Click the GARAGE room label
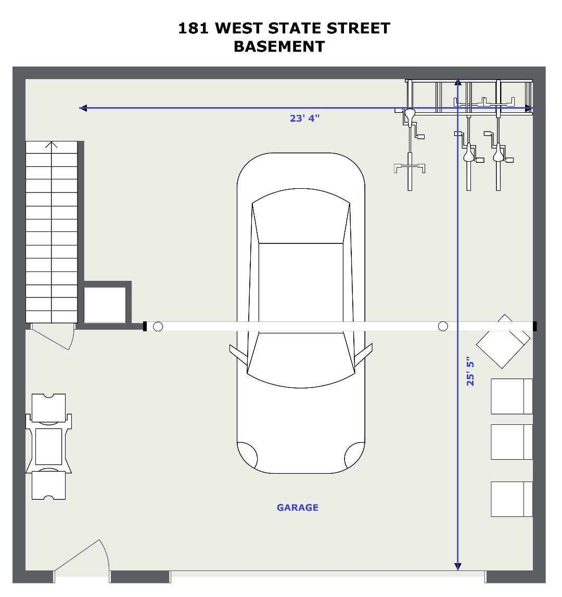click(297, 507)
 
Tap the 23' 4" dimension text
click(304, 118)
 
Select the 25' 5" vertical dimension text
click(470, 371)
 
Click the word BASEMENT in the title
click(279, 46)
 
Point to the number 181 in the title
click(193, 28)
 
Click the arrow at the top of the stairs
click(52, 145)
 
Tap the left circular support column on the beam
click(158, 326)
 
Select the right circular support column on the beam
click(443, 326)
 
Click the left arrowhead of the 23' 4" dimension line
click(83, 108)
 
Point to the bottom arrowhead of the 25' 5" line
click(458, 566)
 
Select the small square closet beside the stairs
click(105, 305)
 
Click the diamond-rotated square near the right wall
click(503, 341)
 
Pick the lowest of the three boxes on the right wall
click(512, 499)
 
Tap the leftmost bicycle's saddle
click(410, 115)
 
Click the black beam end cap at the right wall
click(534, 326)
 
